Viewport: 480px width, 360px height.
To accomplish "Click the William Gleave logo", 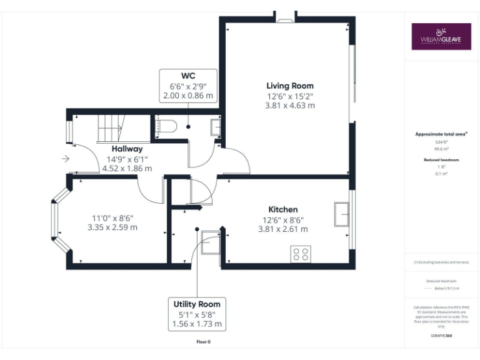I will [x=441, y=36].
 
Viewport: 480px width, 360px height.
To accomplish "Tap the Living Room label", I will [x=290, y=86].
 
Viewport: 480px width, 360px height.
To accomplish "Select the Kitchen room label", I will [x=282, y=209].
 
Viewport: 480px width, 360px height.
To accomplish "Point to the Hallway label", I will [x=127, y=149].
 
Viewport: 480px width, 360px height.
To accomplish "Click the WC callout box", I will [x=188, y=86].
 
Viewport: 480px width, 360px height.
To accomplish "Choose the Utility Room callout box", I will [x=197, y=314].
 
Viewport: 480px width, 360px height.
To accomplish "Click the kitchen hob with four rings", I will [x=301, y=254].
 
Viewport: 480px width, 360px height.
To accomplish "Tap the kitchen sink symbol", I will [x=341, y=214].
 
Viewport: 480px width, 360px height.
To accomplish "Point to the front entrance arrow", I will [x=66, y=159].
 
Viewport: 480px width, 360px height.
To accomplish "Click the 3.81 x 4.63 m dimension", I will [x=290, y=106].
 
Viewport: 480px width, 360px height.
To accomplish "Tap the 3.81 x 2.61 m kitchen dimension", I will [x=282, y=229].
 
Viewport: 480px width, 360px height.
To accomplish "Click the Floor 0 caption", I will [x=203, y=342].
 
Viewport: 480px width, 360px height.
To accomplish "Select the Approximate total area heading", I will [x=441, y=134].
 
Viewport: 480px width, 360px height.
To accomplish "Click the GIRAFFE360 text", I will [x=441, y=336].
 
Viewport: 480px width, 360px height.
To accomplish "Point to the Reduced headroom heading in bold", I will [x=441, y=160].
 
